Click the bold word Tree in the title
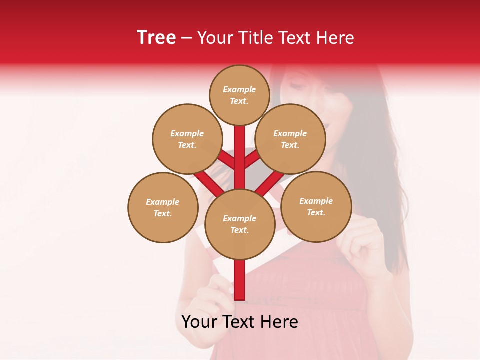(156, 38)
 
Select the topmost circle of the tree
(239, 95)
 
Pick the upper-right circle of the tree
(290, 139)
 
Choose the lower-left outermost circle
(163, 207)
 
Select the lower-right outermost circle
(316, 206)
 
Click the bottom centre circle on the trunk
(240, 224)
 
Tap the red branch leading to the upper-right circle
(252, 160)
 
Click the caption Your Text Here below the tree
(240, 322)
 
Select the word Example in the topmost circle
(239, 89)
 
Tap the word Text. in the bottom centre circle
(239, 230)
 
